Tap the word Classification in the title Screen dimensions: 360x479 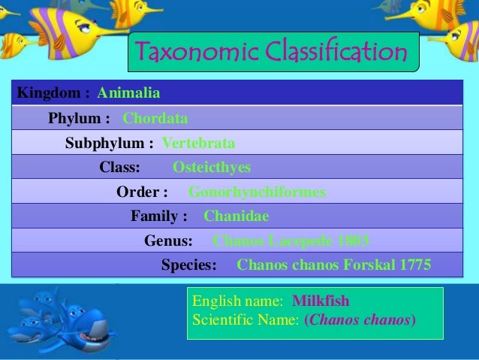point(331,52)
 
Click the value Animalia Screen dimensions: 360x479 point(128,93)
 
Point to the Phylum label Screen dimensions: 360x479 point(79,118)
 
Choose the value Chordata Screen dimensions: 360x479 point(155,118)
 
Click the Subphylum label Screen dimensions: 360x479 point(110,143)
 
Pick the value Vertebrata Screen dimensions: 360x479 point(198,143)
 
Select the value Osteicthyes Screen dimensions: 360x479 point(212,167)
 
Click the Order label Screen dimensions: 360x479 point(142,192)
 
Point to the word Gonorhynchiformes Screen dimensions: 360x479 point(257,192)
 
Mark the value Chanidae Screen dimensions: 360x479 point(236,216)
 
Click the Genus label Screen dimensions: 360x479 point(168,241)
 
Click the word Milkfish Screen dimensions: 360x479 point(321,301)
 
